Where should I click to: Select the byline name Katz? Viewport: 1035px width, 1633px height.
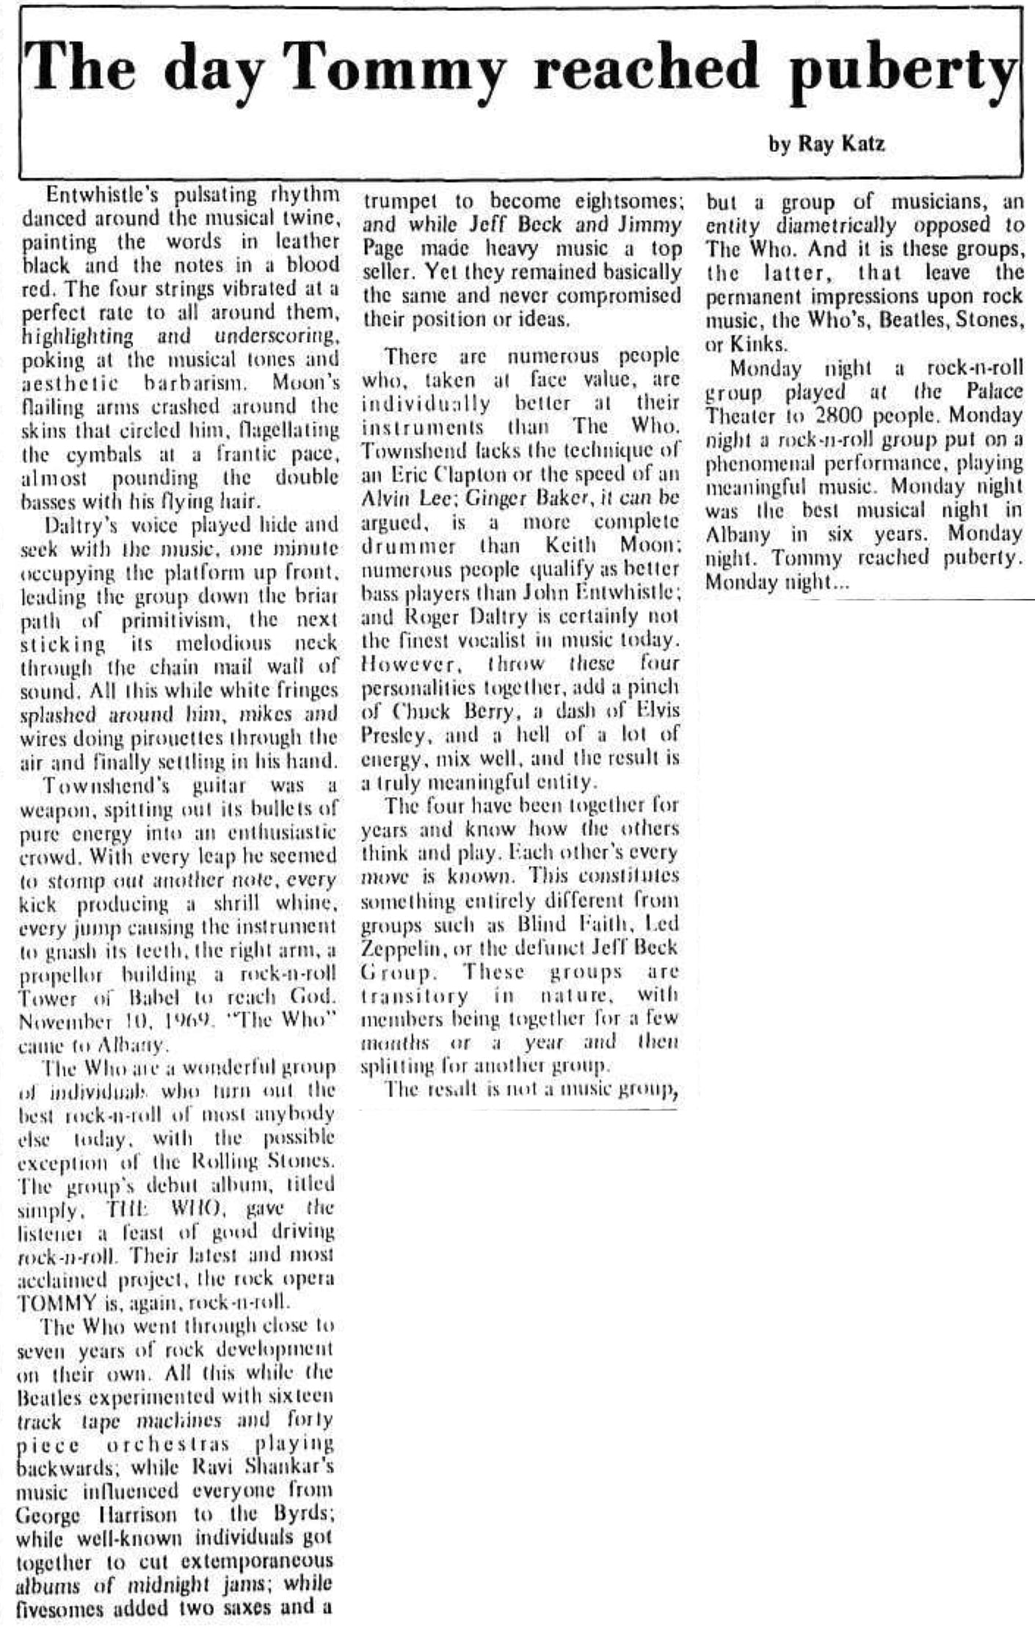(x=862, y=143)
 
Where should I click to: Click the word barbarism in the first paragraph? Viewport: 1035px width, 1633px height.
(x=200, y=382)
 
